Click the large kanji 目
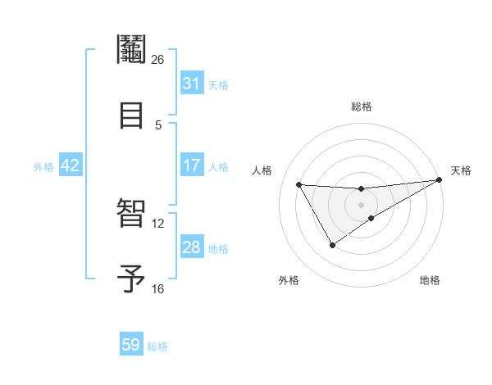(x=131, y=115)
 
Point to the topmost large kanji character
(x=131, y=50)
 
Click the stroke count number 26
(x=157, y=60)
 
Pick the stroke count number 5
(x=158, y=125)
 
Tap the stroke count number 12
(x=157, y=223)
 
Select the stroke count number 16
(x=157, y=288)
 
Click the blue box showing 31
(x=191, y=84)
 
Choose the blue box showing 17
(x=191, y=165)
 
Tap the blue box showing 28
(x=191, y=247)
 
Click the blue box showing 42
(x=70, y=165)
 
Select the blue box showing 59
(x=131, y=345)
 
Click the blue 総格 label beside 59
(x=157, y=346)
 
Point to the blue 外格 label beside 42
(x=43, y=167)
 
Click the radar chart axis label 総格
(x=362, y=106)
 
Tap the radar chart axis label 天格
(x=461, y=170)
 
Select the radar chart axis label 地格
(x=430, y=280)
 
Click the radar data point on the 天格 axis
(x=440, y=180)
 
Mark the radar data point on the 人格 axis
(x=299, y=184)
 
